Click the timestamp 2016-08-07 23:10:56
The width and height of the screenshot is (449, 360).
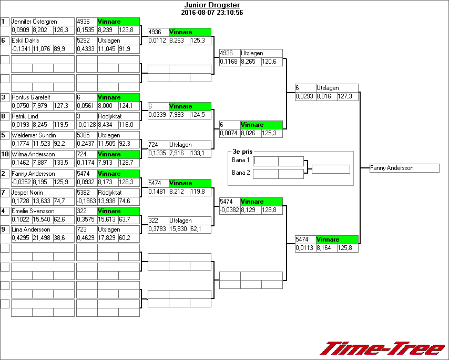pos(211,12)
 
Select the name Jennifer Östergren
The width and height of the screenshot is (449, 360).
pos(34,22)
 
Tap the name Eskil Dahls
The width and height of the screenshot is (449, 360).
pos(25,41)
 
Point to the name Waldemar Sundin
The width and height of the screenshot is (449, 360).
pos(30,135)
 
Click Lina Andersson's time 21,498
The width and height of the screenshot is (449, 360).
pos(43,238)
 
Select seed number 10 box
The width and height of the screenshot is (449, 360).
pos(5,154)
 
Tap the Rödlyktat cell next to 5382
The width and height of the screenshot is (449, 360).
pos(118,193)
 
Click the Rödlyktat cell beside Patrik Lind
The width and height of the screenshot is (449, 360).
pos(118,116)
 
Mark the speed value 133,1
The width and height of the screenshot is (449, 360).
pos(200,153)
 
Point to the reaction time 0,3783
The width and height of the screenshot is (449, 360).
pos(158,229)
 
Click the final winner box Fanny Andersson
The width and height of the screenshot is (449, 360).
pos(404,168)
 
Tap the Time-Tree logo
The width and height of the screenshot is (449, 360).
pos(383,348)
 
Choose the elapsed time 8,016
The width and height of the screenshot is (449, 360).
pos(326,96)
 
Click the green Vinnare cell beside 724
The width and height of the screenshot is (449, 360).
pos(118,154)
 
